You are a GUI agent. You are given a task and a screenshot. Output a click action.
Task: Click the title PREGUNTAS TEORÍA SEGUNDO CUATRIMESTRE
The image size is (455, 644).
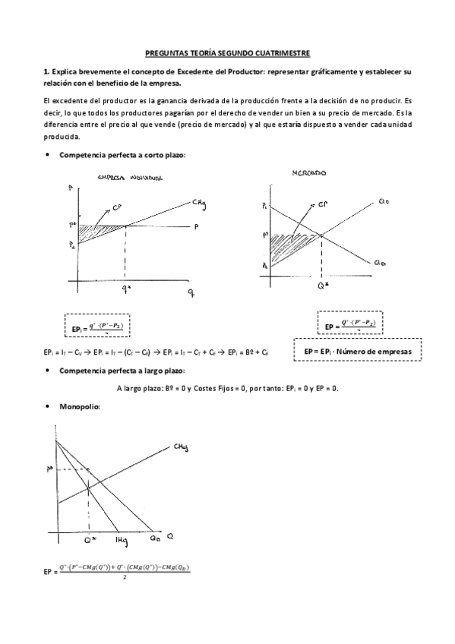pyautogui.click(x=227, y=54)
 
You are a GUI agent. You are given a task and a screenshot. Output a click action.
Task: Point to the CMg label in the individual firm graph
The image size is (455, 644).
pyautogui.click(x=199, y=202)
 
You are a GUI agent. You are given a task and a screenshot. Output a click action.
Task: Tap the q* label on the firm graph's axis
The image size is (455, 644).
pyautogui.click(x=125, y=289)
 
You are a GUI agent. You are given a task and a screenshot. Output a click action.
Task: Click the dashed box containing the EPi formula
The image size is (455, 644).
pyautogui.click(x=97, y=326)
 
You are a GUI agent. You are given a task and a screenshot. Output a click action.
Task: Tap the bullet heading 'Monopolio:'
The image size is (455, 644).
pyautogui.click(x=79, y=407)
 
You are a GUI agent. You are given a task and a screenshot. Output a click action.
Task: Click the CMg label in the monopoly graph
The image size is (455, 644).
pyautogui.click(x=181, y=447)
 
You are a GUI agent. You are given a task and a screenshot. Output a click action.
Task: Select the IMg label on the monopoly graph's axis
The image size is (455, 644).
pyautogui.click(x=119, y=538)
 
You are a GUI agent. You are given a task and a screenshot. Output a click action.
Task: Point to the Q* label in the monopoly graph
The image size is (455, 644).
pyautogui.click(x=90, y=538)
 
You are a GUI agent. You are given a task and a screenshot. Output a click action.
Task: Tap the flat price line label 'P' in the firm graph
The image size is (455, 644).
pyautogui.click(x=195, y=226)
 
